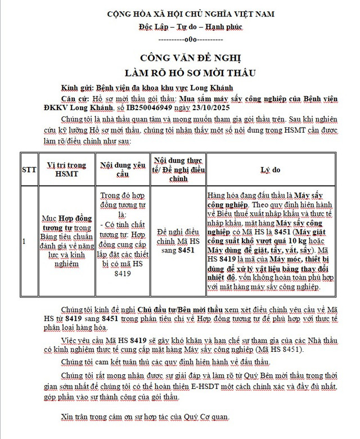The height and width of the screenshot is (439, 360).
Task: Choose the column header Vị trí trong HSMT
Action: (66, 169)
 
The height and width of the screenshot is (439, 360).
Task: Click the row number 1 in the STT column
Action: (24, 241)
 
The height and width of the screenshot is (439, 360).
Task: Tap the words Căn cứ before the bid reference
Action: (75, 99)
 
